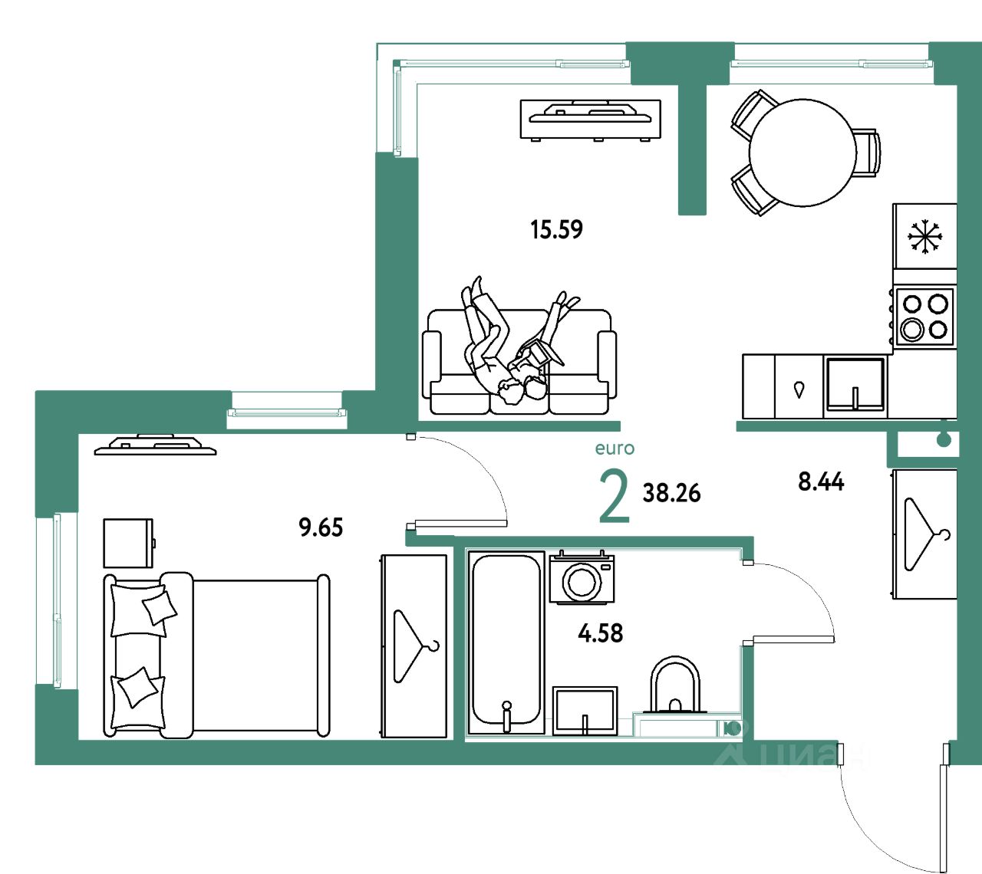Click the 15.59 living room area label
click(556, 229)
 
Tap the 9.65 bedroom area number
click(321, 527)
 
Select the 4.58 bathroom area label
click(600, 633)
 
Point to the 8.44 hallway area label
click(821, 481)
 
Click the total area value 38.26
click(671, 493)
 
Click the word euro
click(615, 449)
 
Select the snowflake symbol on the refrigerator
click(925, 236)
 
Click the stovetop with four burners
click(924, 316)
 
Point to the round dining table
click(802, 153)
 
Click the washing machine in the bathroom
click(582, 578)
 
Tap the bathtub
click(506, 640)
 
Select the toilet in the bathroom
click(675, 686)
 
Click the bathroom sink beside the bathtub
click(585, 710)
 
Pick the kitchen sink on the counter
click(855, 385)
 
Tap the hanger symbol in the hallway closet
click(925, 534)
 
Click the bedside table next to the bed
click(128, 543)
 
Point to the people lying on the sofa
click(510, 345)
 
